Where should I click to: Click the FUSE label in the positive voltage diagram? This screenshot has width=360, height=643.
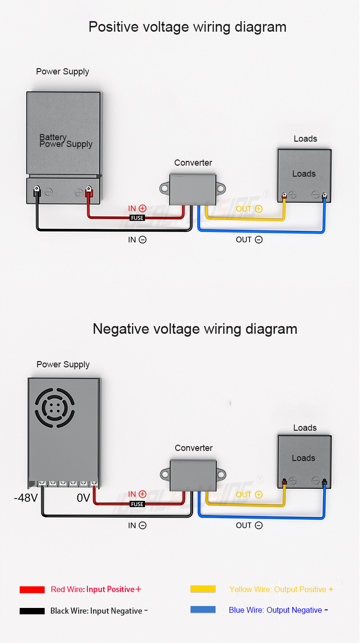137,218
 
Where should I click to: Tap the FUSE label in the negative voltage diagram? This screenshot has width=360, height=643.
137,504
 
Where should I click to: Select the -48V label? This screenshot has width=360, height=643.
26,498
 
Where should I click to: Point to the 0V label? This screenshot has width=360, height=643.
84,498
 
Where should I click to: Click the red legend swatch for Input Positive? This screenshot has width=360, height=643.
32,590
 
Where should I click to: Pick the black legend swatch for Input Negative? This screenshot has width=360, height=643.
32,611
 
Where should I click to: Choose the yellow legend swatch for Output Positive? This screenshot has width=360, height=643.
203,589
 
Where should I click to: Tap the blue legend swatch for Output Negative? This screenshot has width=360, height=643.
203,609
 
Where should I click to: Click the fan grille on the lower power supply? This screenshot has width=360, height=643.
55,408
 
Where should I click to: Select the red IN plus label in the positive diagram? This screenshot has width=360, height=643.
137,208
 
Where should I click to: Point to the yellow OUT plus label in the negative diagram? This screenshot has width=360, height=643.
249,495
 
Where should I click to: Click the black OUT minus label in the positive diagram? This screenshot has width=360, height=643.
249,240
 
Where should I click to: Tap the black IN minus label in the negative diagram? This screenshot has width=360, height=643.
137,525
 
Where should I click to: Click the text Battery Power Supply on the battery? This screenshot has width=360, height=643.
66,141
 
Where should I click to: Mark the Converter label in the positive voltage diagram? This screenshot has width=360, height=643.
193,163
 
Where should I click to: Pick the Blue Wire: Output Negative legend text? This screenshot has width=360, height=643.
278,610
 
